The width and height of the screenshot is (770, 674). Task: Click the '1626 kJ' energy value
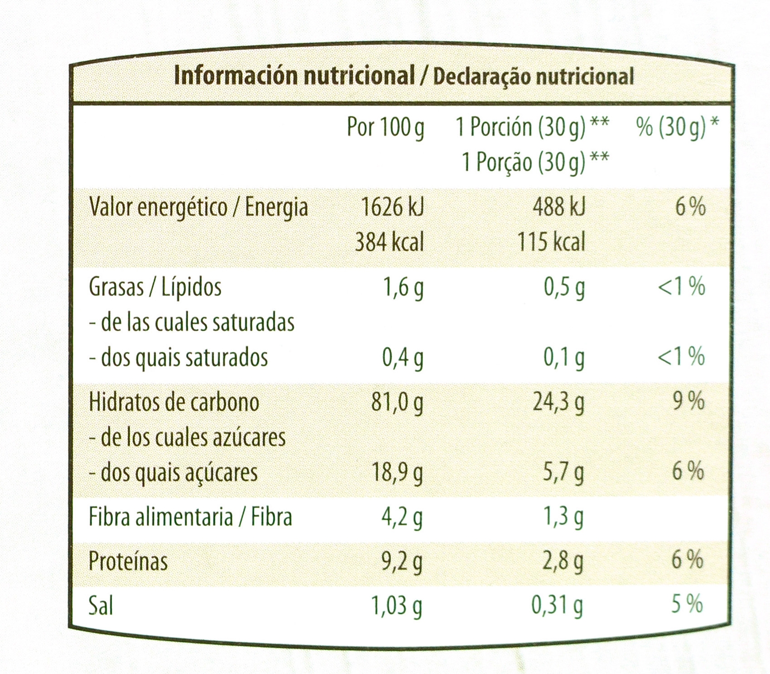point(392,207)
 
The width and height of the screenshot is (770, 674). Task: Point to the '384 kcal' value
point(389,242)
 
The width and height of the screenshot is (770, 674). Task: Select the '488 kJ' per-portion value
point(558,207)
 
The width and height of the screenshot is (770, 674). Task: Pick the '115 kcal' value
point(551,242)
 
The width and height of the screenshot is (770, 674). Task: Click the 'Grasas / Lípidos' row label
point(155,287)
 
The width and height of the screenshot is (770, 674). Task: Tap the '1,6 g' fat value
point(403,287)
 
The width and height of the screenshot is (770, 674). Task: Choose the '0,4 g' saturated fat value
point(403,358)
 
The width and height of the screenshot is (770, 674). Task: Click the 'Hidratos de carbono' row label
point(174,402)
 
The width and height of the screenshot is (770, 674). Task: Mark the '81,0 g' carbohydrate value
point(397,402)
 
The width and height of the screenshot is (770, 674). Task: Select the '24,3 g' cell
point(558,402)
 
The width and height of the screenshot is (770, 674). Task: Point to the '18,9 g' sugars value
point(397,473)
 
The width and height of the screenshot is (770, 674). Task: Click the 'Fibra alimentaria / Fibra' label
point(190,517)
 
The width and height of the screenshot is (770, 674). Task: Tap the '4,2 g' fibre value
point(402,517)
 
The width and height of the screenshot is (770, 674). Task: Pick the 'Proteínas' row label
point(128,562)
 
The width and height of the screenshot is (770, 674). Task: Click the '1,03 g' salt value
point(396,606)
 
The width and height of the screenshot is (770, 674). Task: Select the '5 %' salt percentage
point(687,604)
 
